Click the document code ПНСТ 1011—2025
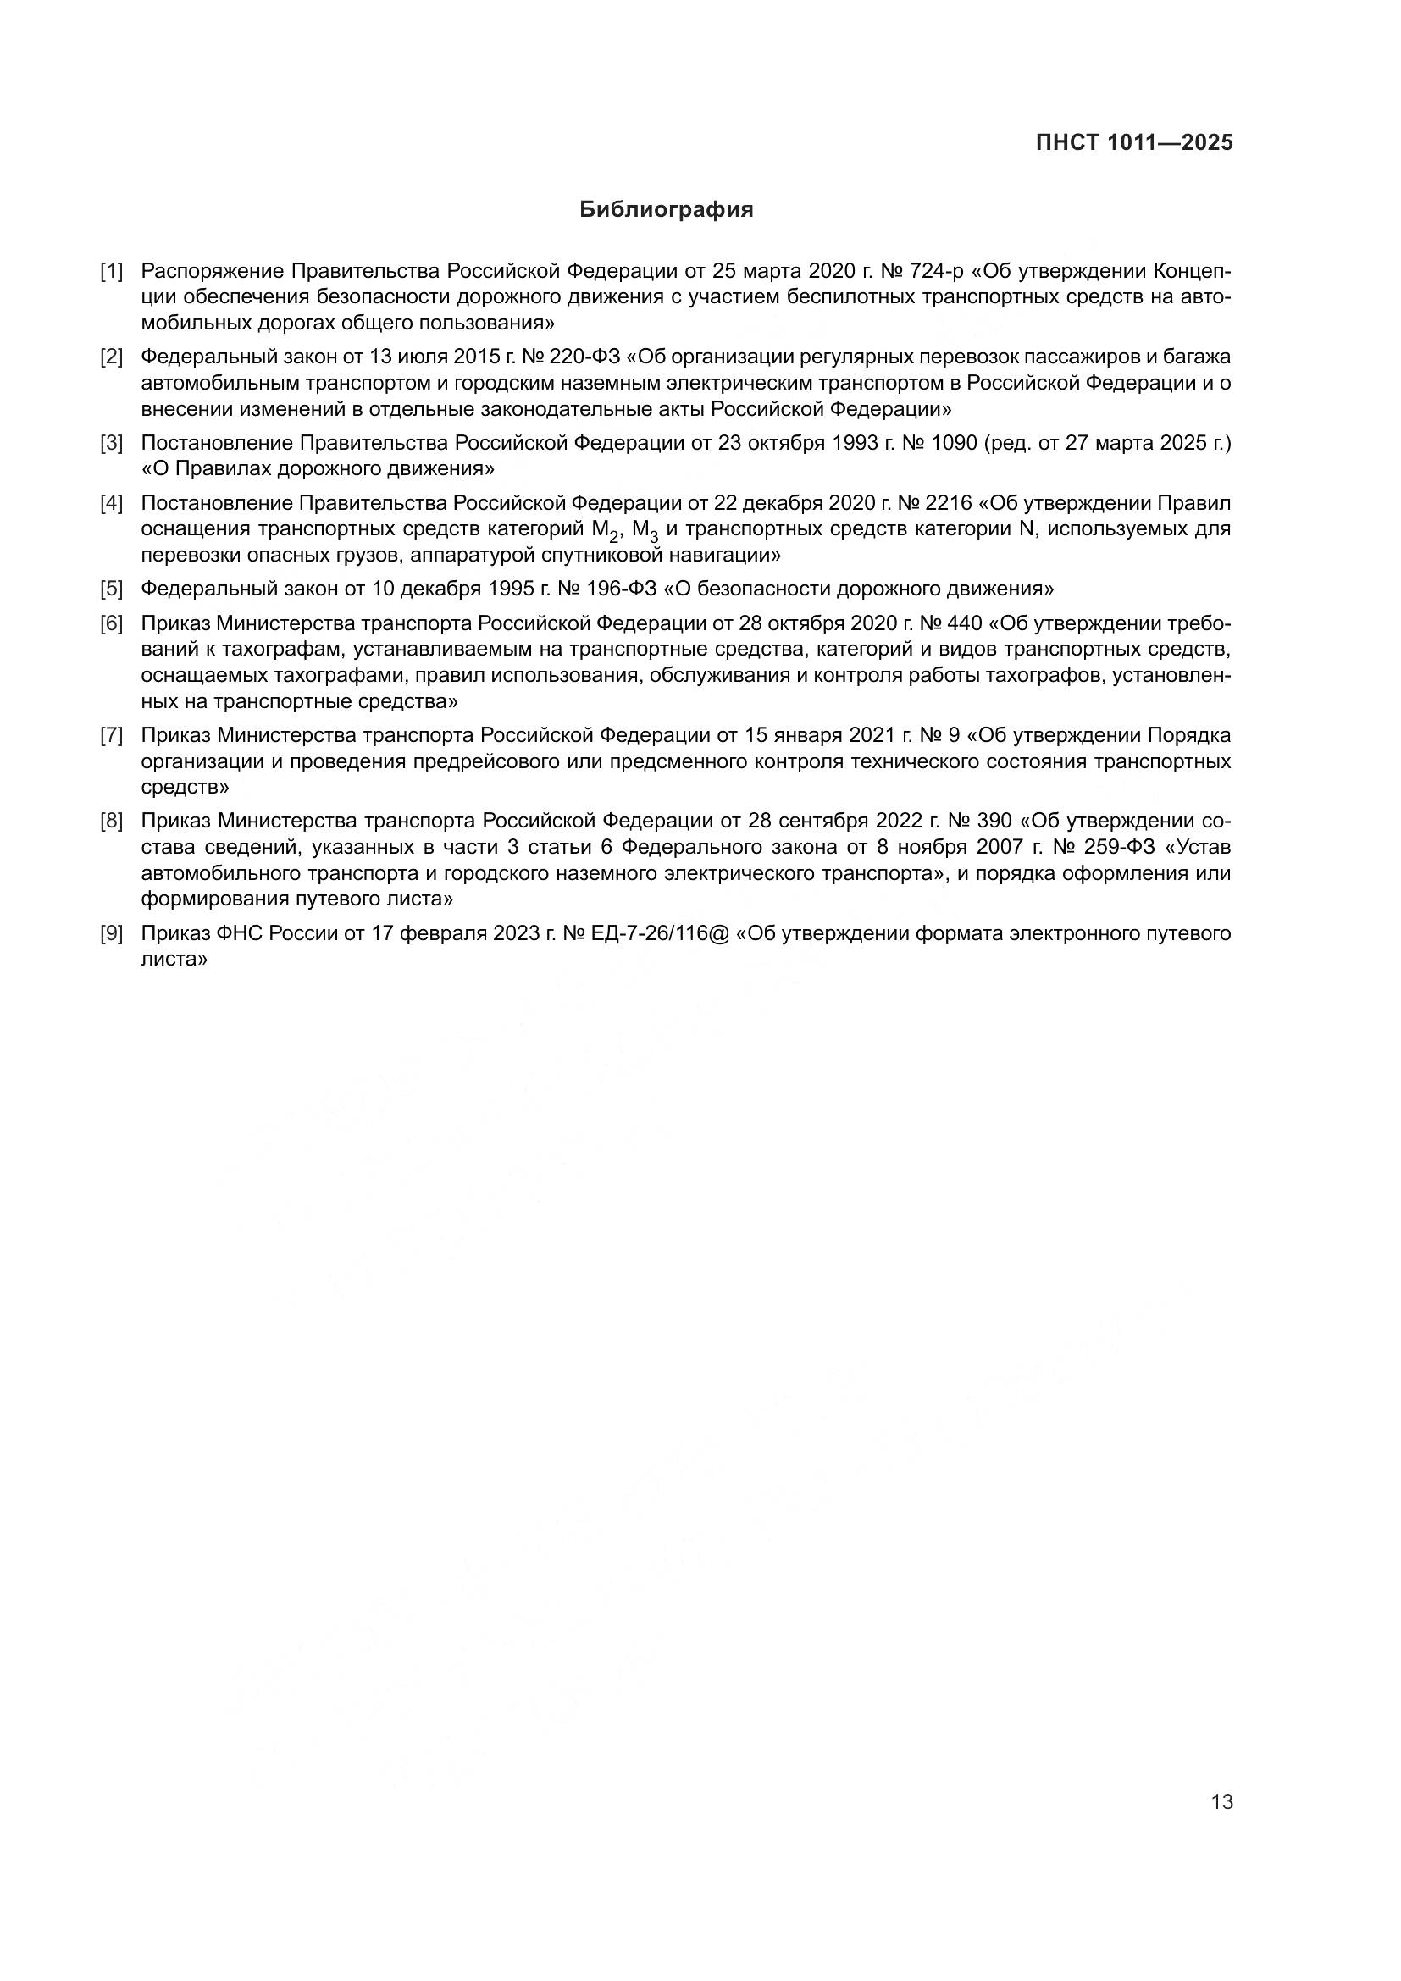tap(1133, 142)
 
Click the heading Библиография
tap(666, 210)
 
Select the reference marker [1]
tap(111, 271)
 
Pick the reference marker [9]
tap(111, 932)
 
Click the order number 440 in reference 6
tap(965, 623)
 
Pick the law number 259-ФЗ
tap(1120, 846)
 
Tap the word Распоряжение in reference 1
tap(213, 271)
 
